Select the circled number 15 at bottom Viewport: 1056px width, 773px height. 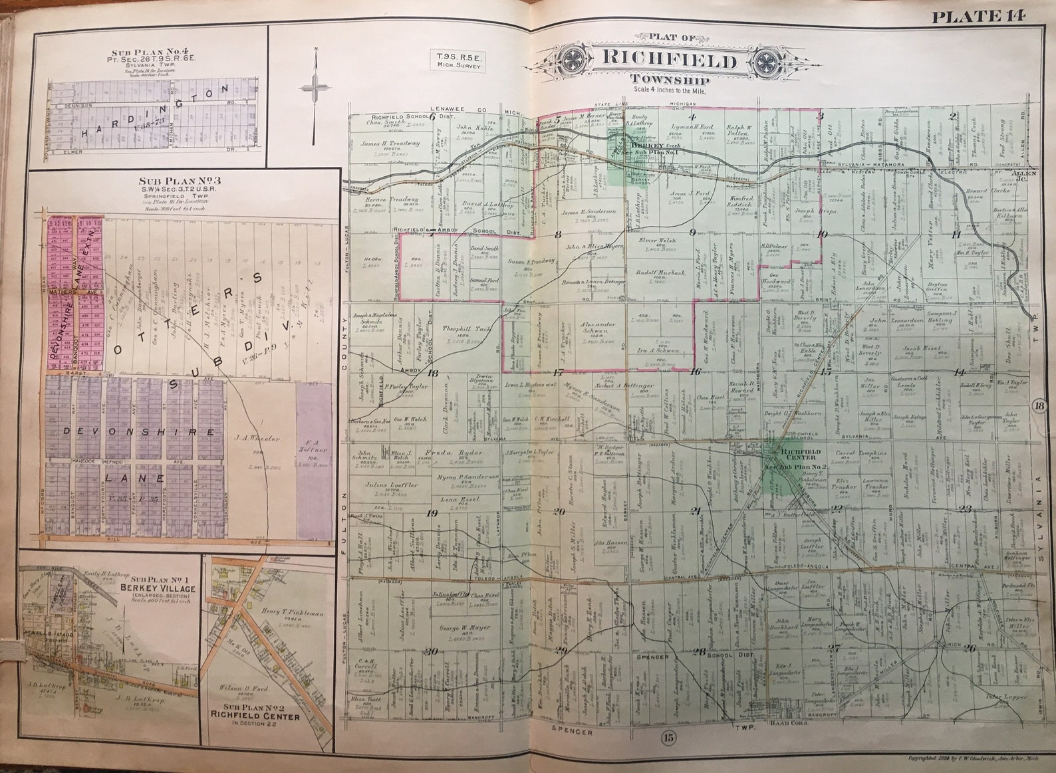click(669, 737)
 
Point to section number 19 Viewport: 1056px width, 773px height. click(432, 512)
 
